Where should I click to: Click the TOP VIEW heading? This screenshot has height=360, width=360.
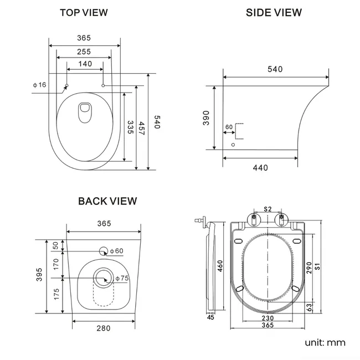(84, 12)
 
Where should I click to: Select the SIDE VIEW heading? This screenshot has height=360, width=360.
(274, 12)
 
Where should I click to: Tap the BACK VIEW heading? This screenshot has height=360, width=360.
(107, 201)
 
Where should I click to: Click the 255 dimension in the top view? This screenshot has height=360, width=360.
(84, 52)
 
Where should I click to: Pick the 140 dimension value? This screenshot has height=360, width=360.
(85, 64)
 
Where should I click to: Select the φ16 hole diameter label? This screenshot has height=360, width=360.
(39, 84)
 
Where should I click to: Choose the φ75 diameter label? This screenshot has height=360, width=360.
(122, 278)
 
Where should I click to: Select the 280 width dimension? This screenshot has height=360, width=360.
(103, 328)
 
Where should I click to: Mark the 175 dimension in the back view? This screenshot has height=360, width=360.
(55, 295)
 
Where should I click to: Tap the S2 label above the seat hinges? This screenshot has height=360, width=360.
(268, 209)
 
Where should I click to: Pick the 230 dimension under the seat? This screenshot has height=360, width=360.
(268, 318)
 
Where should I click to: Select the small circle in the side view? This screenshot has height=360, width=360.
(233, 145)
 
